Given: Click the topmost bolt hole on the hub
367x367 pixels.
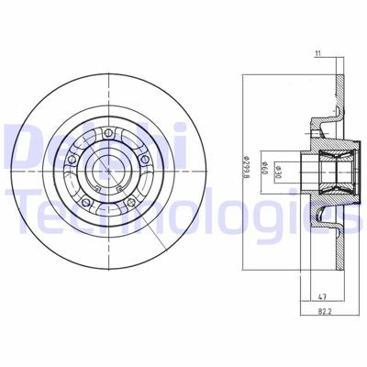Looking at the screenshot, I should click(108, 136).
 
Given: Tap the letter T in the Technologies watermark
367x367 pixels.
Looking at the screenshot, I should click(15, 195).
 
